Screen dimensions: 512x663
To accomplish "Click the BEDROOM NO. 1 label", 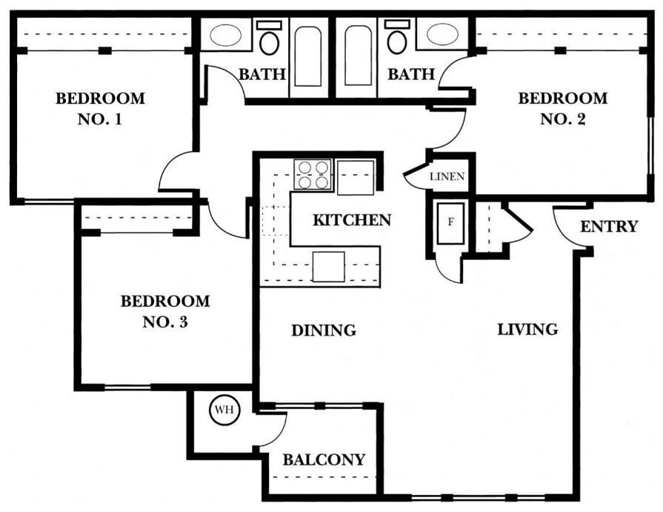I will tap(100, 108).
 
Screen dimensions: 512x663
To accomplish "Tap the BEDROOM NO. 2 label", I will tap(562, 108).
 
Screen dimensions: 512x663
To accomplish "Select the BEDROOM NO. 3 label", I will tap(164, 311).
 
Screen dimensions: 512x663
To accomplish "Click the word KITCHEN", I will tap(351, 220).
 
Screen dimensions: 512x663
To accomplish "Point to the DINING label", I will tap(323, 330).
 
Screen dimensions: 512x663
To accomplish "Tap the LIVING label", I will tap(527, 329).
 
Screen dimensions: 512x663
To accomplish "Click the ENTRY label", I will tap(608, 227).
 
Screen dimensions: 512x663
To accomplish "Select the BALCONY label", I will tap(324, 460).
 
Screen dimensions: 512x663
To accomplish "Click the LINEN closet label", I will tap(448, 177).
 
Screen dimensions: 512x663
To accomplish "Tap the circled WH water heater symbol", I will tap(223, 410).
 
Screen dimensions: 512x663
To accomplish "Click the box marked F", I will tap(450, 222).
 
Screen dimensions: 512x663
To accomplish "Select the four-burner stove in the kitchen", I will tap(312, 174).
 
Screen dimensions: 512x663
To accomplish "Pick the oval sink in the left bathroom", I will tap(226, 35).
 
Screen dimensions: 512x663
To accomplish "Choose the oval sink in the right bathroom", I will tap(442, 35).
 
